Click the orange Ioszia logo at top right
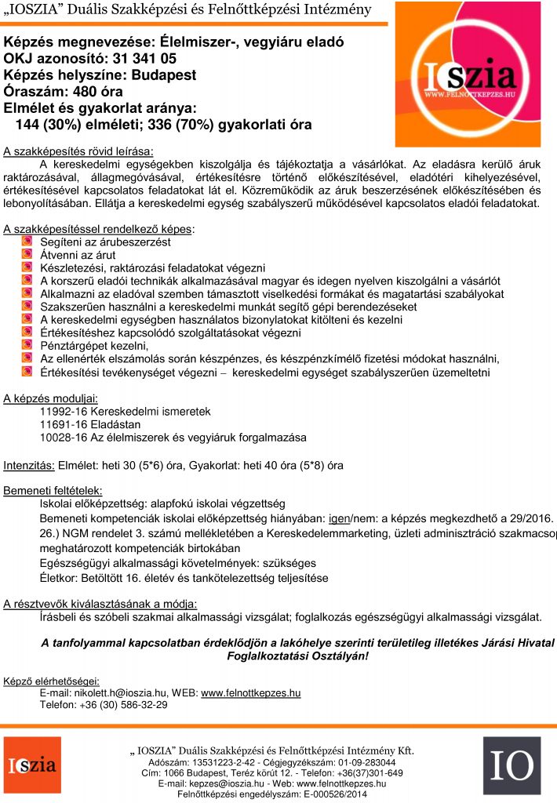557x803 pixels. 468,74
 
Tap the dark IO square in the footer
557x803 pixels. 511,765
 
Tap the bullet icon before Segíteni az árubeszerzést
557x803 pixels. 27,243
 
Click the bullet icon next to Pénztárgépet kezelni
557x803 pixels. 27,346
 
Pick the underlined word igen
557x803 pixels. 338,519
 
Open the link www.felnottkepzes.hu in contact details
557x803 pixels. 251,692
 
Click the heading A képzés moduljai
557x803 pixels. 50,398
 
